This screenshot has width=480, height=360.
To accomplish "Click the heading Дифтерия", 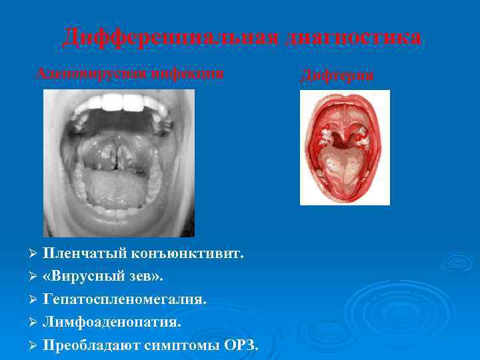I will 337,77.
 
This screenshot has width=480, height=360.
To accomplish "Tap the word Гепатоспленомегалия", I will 125,299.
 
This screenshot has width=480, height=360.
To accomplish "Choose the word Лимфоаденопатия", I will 112,322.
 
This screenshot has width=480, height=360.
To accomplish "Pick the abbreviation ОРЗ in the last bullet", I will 240,345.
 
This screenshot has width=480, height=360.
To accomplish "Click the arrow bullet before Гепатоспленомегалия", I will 35,300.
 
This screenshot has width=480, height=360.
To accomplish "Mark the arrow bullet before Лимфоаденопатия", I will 35,323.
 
